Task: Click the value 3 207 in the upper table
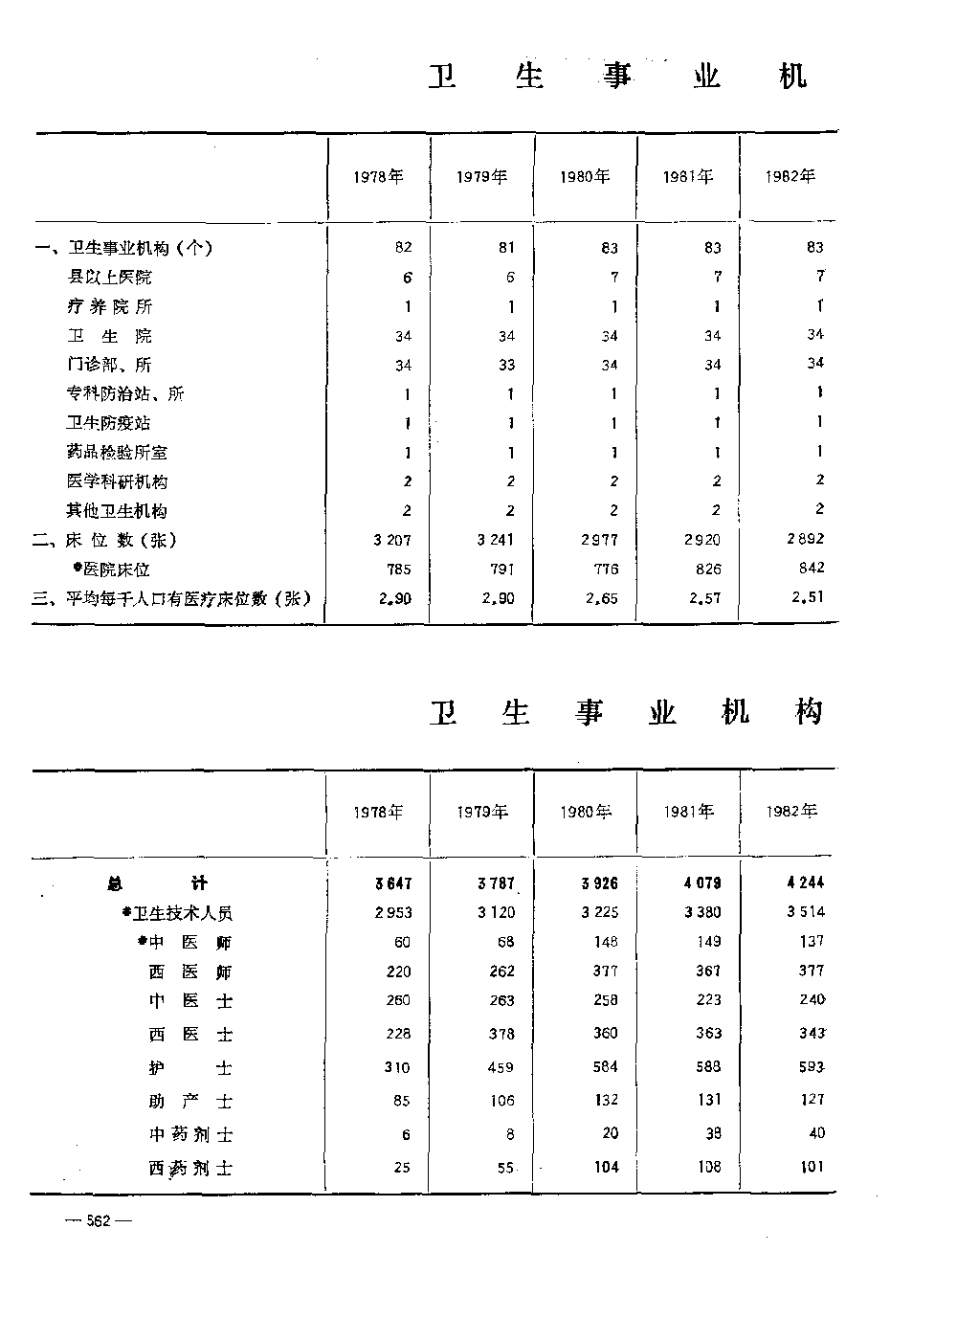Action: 392,541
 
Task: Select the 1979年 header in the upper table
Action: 481,176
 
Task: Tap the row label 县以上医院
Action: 109,278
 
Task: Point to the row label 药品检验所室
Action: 117,452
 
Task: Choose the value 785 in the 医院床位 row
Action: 398,570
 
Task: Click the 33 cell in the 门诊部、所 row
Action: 506,365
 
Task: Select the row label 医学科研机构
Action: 117,481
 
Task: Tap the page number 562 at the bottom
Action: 99,1220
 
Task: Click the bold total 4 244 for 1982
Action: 806,882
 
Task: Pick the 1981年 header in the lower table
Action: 689,812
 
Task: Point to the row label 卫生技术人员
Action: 183,913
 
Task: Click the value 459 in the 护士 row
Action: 501,1067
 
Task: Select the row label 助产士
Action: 190,1102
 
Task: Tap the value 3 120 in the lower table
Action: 496,913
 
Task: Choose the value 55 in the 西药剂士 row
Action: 506,1169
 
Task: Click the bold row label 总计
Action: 156,883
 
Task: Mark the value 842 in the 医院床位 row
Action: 811,568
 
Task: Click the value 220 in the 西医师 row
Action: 398,972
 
